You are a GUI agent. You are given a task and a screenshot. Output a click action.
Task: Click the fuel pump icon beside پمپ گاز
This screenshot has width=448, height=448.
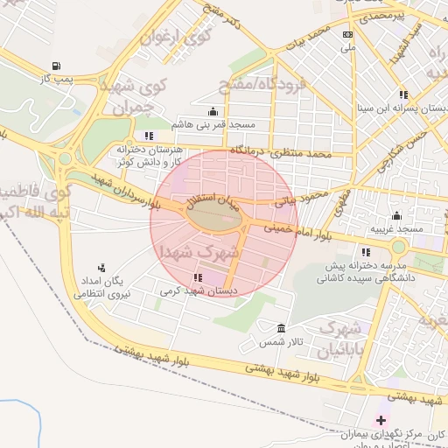click(x=57, y=66)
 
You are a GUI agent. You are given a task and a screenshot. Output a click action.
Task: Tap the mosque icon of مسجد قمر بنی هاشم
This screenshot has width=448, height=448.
click(x=213, y=111)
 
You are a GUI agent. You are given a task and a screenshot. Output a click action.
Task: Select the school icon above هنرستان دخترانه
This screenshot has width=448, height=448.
click(x=150, y=136)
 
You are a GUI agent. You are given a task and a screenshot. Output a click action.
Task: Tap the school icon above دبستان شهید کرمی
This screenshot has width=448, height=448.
click(x=198, y=277)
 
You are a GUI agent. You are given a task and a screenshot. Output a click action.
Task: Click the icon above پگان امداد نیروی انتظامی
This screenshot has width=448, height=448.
click(x=101, y=269)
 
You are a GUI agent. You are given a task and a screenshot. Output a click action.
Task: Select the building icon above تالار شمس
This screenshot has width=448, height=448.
click(x=280, y=328)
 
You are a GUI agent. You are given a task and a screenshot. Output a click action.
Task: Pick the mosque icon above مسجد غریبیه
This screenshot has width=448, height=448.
click(x=397, y=215)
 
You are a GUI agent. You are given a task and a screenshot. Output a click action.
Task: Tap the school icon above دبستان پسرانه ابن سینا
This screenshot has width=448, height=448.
click(x=402, y=94)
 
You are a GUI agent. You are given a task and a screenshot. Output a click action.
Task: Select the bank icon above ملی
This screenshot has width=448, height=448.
click(x=348, y=34)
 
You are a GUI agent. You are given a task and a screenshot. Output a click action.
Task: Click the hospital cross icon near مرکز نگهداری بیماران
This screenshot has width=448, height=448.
click(x=380, y=420)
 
